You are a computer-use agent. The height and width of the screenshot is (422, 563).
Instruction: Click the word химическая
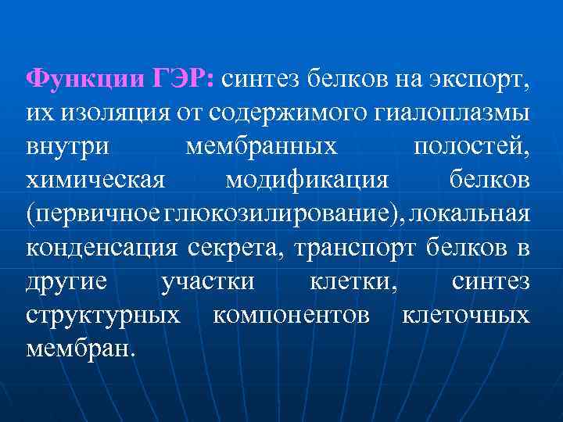point(95,181)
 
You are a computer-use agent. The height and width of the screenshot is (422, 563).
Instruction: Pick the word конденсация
point(102,249)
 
